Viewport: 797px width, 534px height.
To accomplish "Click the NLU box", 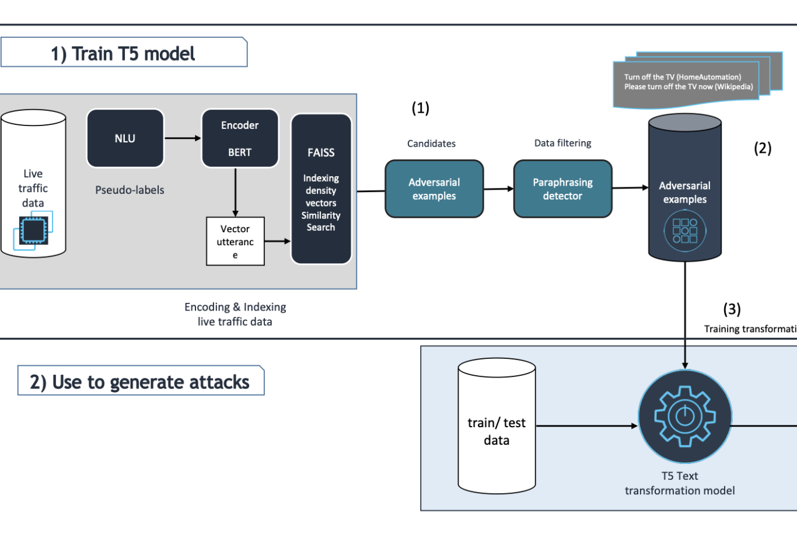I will tap(125, 138).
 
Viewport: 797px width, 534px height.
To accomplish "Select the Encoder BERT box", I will tap(240, 139).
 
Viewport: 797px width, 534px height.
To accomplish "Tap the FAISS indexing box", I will tap(321, 189).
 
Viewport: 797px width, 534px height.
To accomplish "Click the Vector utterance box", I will tap(235, 242).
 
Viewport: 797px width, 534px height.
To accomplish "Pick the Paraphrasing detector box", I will tap(562, 189).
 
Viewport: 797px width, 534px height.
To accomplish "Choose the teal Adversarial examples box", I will tap(434, 189).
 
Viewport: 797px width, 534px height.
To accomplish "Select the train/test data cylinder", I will tap(497, 427).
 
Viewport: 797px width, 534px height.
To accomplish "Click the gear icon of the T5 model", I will tap(684, 416).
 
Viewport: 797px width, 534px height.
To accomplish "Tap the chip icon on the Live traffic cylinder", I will tap(33, 231).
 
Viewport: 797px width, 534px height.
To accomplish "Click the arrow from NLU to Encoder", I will tap(183, 138).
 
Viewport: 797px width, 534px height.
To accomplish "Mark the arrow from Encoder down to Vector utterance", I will tap(235, 193).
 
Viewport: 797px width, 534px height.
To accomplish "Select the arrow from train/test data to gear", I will tap(586, 426).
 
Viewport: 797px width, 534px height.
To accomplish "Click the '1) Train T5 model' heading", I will tap(123, 54).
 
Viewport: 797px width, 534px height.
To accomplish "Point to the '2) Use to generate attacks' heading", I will tap(140, 382).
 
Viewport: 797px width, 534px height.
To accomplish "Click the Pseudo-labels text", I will tap(130, 190).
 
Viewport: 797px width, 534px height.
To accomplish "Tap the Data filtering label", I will tap(562, 143).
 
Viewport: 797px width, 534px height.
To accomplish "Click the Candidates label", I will tap(431, 144).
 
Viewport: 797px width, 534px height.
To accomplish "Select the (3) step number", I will tap(732, 309).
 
